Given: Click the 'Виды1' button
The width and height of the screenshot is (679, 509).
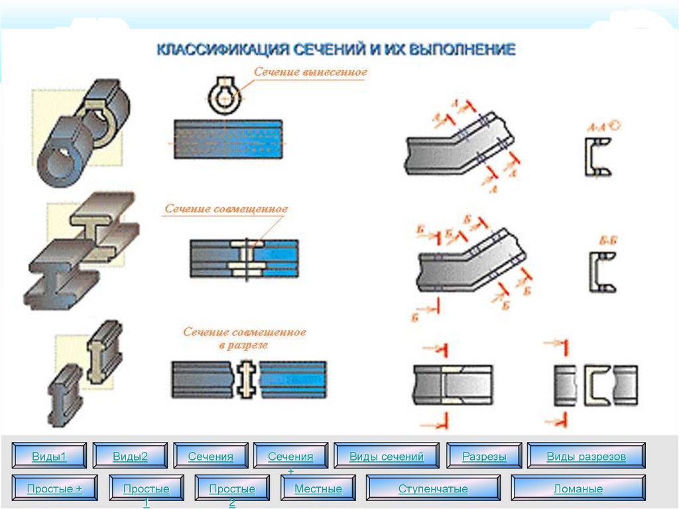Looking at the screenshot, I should pos(50,457).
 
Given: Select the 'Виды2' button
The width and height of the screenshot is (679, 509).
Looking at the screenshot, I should pos(130,457).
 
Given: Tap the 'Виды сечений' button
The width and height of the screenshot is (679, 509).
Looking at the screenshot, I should pos(386,457).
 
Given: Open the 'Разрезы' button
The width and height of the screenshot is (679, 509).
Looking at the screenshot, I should pos(484,457).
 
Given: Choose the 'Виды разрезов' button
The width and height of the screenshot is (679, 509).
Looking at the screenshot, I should pos(586,457).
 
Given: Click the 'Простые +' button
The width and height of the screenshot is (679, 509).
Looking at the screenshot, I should pos(54,488).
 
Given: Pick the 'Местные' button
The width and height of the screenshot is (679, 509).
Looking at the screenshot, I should pos(318,488).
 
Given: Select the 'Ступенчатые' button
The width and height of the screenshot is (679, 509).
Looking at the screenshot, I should pos(433,488).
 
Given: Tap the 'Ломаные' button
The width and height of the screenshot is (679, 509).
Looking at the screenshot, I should pos(578,488).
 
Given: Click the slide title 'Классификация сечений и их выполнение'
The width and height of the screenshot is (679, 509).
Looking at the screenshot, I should pos(335,50).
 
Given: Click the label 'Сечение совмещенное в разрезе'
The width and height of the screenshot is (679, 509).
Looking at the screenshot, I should pos(245,338).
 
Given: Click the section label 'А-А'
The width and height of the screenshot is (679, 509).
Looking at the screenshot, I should pos(602,125).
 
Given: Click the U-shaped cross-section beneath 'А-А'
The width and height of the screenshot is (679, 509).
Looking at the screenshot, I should pos(594,157).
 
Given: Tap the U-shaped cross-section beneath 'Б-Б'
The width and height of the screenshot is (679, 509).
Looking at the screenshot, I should pos(601,272).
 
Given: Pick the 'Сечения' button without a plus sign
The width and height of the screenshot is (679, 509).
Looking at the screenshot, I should pos(210,457).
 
